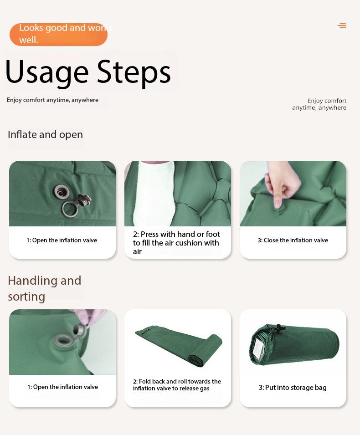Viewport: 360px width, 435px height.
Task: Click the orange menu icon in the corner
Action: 342,26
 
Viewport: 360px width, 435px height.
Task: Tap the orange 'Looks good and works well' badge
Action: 59,35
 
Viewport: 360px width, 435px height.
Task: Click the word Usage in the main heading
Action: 46,72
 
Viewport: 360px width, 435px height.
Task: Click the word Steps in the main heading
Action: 134,72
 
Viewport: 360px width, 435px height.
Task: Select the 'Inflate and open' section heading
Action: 45,134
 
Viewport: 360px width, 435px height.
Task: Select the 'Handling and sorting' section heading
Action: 44,288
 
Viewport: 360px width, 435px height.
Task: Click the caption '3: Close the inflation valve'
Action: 293,240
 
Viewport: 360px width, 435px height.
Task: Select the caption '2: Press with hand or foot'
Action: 176,234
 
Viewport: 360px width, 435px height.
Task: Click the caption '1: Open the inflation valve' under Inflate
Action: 62,240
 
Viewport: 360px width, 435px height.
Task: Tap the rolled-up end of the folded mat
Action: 206,351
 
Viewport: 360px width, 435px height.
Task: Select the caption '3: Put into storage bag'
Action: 293,388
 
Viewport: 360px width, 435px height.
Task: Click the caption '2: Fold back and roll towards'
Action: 177,381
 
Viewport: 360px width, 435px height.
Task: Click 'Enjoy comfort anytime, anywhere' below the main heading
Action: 52,100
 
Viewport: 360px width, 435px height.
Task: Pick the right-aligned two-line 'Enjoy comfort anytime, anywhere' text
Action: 319,104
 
